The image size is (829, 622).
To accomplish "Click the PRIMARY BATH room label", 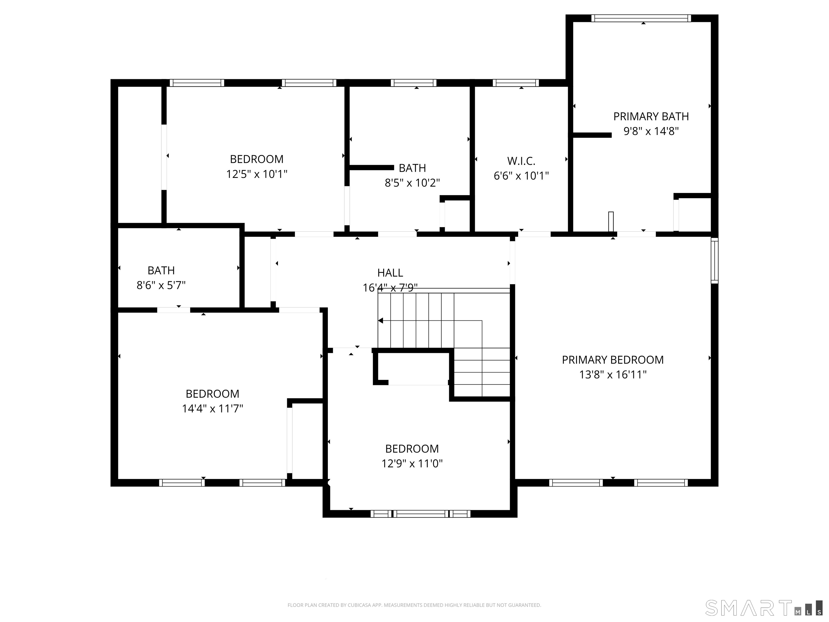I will tap(651, 117).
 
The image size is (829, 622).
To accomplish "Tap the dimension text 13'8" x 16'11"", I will tap(613, 374).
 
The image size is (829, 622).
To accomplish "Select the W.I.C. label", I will tap(521, 161).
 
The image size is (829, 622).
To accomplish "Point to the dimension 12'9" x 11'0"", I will tap(412, 464).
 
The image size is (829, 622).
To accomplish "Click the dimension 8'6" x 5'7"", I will tap(161, 285).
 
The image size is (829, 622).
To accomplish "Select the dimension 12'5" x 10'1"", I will tap(257, 174).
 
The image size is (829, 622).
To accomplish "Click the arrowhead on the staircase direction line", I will tap(381, 320).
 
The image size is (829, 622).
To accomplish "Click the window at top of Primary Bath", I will tap(641, 18).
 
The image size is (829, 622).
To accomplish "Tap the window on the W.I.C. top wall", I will tap(515, 83).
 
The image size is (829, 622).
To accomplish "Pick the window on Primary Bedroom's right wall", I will tap(714, 261).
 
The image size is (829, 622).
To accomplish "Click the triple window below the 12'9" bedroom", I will tap(420, 514).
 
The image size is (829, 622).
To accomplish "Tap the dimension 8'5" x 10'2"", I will tap(412, 183).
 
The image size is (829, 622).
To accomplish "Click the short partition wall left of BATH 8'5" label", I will tap(371, 168).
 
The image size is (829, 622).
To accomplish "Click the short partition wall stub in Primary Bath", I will tap(592, 135).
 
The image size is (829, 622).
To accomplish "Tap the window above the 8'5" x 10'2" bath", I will tap(413, 83).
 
